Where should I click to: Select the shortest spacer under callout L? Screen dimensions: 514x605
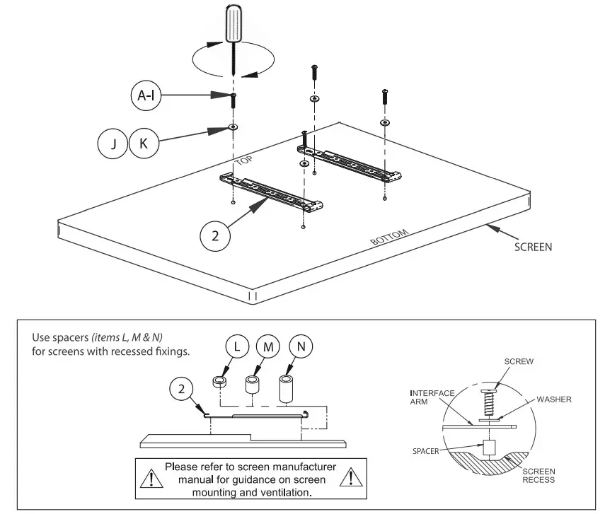pos(219,382)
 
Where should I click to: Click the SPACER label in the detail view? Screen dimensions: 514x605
pos(427,450)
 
